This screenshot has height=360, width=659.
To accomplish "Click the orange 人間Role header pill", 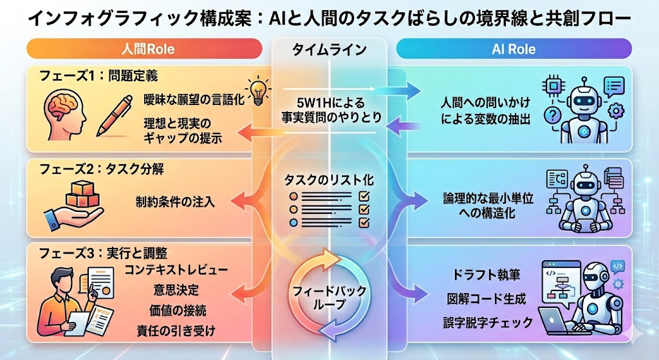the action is [144, 49].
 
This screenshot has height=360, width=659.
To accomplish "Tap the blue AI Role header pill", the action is [514, 49].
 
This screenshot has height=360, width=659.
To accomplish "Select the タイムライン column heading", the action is [329, 50].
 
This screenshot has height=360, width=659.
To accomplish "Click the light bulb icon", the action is [259, 91].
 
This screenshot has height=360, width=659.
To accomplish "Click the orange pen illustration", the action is [114, 116].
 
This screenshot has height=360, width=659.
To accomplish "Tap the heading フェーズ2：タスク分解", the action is [101, 169].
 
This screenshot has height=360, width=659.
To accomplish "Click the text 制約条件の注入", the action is [175, 202].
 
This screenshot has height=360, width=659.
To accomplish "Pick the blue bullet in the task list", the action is [293, 222].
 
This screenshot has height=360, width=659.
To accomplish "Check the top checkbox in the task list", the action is [364, 196].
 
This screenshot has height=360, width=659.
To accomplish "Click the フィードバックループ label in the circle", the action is [329, 297].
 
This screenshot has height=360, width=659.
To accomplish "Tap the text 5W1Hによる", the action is [331, 102].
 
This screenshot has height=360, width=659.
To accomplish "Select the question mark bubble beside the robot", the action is [552, 115].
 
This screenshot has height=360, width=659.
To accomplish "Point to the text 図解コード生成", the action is [487, 299].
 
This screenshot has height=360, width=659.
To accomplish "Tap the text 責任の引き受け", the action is [176, 330].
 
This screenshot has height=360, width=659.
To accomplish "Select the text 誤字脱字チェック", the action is [488, 323].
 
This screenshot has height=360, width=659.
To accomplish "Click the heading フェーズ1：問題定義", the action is [98, 76].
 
